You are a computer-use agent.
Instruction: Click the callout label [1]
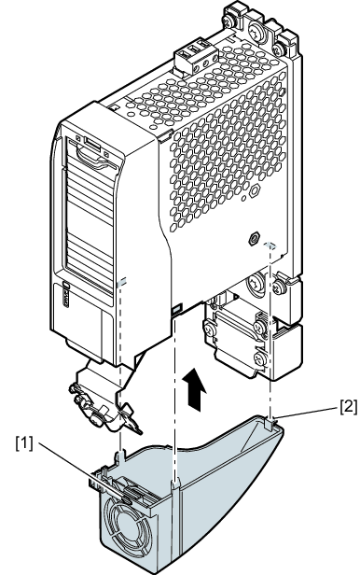coord(24,444)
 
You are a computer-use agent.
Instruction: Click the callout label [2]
coord(348,406)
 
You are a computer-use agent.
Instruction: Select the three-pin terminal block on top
coord(197,56)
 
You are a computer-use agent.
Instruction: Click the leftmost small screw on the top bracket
coord(230,22)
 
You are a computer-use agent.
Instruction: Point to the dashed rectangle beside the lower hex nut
coord(270,245)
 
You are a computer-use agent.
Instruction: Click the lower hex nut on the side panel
coord(253,239)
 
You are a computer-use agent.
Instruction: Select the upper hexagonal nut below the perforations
coord(255,191)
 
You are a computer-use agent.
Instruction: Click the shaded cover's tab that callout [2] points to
coord(270,425)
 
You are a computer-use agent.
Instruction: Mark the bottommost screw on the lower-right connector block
coord(260,358)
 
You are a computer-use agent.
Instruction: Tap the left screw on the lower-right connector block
coord(211,328)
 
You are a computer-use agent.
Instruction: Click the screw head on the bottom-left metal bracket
coord(97,416)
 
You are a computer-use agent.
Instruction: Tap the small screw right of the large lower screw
coord(281,287)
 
